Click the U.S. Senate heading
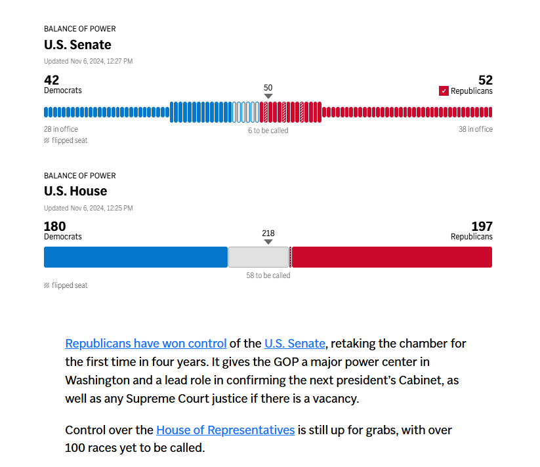tap(77, 45)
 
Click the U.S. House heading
tap(75, 191)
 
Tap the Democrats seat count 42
tap(51, 80)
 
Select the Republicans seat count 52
tap(485, 80)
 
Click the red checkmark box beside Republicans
tap(444, 91)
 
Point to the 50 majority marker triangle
tap(268, 96)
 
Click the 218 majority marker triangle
tap(268, 242)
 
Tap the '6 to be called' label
tap(268, 131)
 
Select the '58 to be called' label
tap(268, 275)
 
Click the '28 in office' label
tap(61, 129)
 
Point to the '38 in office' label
tap(475, 129)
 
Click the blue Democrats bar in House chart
tap(135, 257)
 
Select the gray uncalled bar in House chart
tap(259, 257)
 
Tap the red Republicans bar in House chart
tap(392, 257)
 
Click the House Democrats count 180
tap(55, 226)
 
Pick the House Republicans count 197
tap(482, 226)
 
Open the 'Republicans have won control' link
tap(146, 343)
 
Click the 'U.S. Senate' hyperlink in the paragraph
tap(295, 343)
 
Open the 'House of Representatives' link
tap(225, 430)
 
